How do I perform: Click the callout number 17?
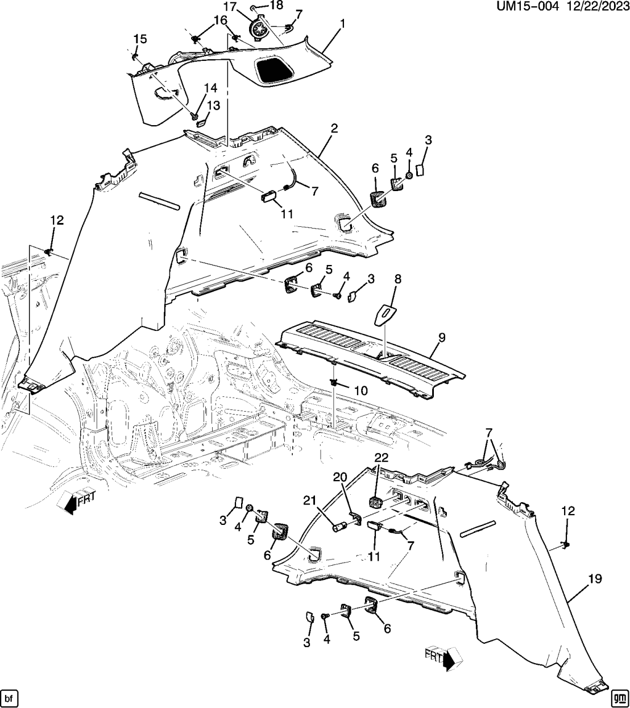229,7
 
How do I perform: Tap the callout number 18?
276,5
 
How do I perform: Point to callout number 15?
140,39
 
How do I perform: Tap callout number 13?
213,106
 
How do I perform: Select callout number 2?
334,129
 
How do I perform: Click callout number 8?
397,279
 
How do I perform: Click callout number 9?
442,338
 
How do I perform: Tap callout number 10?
360,391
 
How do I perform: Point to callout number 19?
595,579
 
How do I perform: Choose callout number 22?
380,458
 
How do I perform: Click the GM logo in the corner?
619,697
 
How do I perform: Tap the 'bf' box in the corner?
8,697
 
